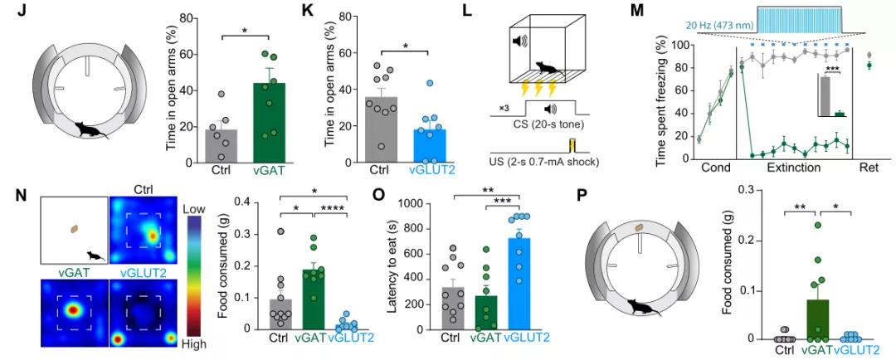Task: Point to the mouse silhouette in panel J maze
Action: coord(90,129)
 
